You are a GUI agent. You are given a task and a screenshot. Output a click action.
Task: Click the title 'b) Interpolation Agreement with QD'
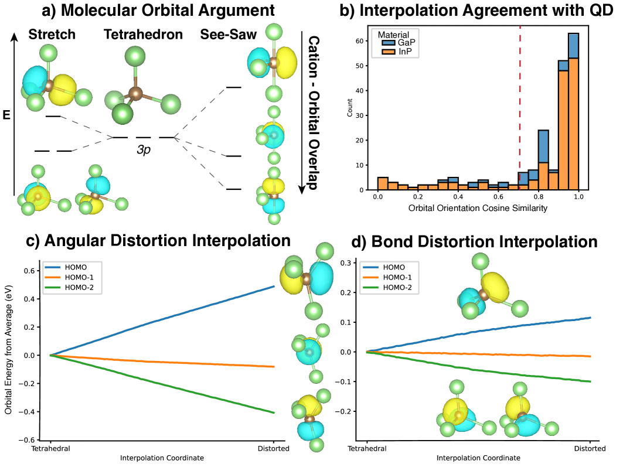(475, 11)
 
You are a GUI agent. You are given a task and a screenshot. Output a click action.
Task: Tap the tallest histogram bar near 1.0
(574, 111)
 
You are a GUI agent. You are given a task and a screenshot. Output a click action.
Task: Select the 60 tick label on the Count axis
(360, 41)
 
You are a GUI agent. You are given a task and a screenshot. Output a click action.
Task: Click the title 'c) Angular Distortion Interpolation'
(159, 241)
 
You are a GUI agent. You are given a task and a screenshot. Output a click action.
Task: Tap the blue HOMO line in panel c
(176, 316)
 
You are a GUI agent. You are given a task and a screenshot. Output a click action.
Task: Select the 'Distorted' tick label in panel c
(274, 449)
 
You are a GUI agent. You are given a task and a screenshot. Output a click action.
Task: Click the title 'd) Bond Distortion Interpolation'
(475, 242)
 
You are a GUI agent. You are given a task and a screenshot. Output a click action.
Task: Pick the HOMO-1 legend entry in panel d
(401, 277)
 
